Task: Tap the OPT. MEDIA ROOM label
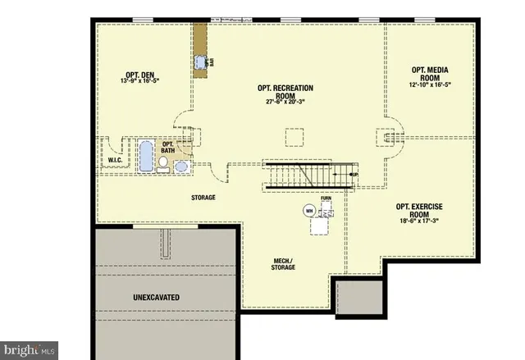[431, 73]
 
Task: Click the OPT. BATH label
[167, 146]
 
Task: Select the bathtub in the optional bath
[146, 156]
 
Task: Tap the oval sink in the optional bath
[181, 166]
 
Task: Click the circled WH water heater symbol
[309, 211]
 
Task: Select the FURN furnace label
[326, 199]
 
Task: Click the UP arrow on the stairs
[352, 174]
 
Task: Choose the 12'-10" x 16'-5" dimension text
[431, 84]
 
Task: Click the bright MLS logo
[29, 350]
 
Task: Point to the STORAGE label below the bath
[203, 198]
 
